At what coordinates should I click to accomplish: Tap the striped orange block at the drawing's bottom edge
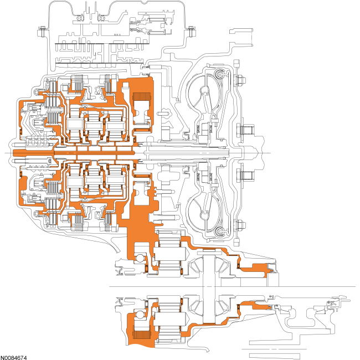click(143, 332)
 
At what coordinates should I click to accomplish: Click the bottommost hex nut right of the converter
click(240, 225)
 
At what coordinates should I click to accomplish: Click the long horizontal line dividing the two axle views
click(233, 286)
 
